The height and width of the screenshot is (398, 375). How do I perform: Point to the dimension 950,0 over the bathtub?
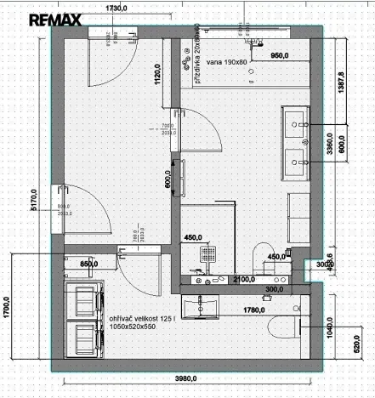[x=281, y=55]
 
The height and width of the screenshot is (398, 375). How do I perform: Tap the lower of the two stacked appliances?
[x=85, y=337]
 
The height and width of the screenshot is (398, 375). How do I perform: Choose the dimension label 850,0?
[x=89, y=264]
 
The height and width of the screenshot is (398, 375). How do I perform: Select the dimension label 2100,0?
[x=242, y=278]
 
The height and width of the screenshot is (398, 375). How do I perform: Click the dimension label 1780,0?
[x=254, y=310]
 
